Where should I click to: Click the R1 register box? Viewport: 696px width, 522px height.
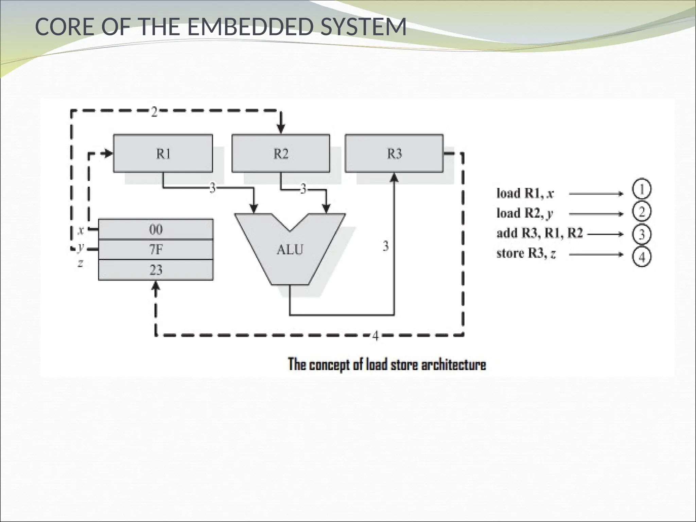click(163, 154)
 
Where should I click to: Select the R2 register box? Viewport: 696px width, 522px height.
click(281, 154)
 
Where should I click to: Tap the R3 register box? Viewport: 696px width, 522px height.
click(394, 154)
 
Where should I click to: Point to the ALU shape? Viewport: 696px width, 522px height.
click(290, 250)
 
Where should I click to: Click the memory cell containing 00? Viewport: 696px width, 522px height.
click(156, 229)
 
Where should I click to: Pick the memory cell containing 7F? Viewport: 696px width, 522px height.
click(156, 250)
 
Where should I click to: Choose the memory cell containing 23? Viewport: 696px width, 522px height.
click(156, 270)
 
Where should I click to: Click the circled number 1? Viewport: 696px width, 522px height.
click(642, 190)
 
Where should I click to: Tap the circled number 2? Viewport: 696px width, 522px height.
click(642, 212)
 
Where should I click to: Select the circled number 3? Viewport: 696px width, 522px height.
click(642, 234)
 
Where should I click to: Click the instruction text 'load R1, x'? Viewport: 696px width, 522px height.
click(525, 193)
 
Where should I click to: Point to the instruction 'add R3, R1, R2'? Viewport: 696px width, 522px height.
click(540, 233)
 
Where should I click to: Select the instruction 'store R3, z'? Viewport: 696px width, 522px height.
click(526, 254)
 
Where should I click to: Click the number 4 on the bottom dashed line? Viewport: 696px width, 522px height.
click(375, 336)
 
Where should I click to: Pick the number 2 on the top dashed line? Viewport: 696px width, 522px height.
click(154, 112)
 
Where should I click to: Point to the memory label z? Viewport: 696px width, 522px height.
click(81, 263)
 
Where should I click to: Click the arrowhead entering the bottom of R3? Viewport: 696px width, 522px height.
click(394, 177)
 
